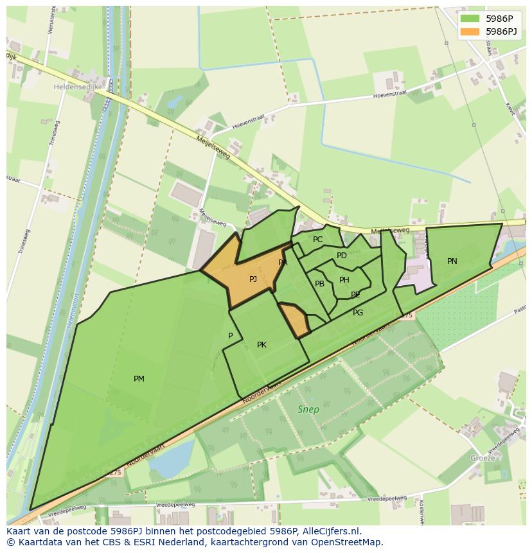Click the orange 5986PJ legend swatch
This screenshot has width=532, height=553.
tap(470, 31)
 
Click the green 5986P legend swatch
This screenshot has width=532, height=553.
tap(470, 19)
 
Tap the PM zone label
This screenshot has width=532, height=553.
tap(139, 379)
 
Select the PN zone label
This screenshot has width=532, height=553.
tap(452, 261)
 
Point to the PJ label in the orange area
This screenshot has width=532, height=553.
tap(253, 279)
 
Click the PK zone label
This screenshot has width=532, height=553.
tap(262, 345)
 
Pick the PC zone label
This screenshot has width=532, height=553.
tap(318, 240)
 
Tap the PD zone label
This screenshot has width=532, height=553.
tap(342, 256)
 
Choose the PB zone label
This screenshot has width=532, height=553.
tap(319, 284)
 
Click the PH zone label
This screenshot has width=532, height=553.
tap(344, 280)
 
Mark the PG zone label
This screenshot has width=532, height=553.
tap(358, 313)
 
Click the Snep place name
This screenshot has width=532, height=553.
tap(308, 409)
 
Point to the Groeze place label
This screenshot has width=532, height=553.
tap(483, 458)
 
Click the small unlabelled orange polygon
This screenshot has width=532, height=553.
tap(295, 319)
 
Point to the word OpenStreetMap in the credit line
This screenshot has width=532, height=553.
tap(346, 542)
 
